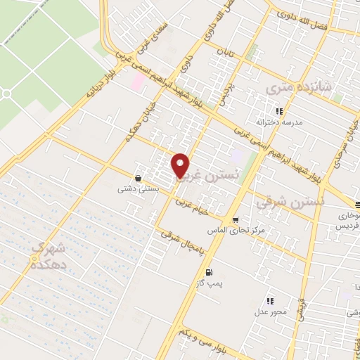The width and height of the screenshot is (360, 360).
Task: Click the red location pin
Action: [181, 165]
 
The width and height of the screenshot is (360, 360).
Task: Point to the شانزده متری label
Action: [296, 88]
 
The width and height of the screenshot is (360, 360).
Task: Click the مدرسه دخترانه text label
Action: [279, 122]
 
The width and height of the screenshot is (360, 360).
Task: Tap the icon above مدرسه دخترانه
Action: [279, 111]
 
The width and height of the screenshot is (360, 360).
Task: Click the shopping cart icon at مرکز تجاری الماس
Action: [236, 219]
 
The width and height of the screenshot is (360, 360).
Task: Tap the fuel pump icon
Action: [208, 272]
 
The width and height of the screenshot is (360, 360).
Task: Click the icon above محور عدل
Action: [270, 299]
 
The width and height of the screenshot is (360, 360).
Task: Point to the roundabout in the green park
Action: [6, 93]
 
